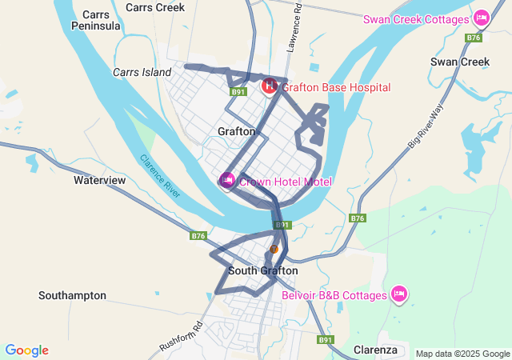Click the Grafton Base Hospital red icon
coord(270,85)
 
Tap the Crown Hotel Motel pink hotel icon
coord(227,181)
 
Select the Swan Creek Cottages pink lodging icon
coord(481,18)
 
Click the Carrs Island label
coord(142,72)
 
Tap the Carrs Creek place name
coord(155,7)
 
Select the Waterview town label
coord(100,180)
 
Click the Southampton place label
coord(72,295)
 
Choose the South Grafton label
coord(262,270)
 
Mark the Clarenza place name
coord(375,350)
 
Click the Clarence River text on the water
coord(161,176)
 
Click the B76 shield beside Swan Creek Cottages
coord(474,38)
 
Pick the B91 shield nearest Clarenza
coord(325,340)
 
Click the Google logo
coord(26,350)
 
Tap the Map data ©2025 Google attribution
coord(462,354)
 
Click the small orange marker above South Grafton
coord(274,249)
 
